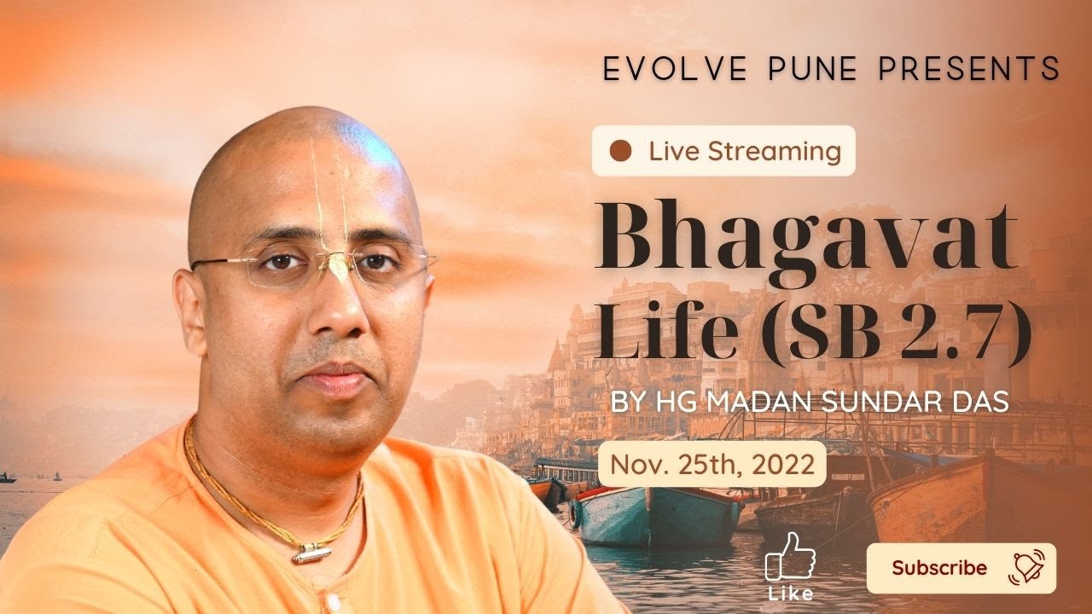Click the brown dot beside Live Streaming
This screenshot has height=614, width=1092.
pos(621,152)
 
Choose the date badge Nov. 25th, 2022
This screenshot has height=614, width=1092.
pos(712,465)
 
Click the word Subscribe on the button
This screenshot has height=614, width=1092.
pos(939,568)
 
